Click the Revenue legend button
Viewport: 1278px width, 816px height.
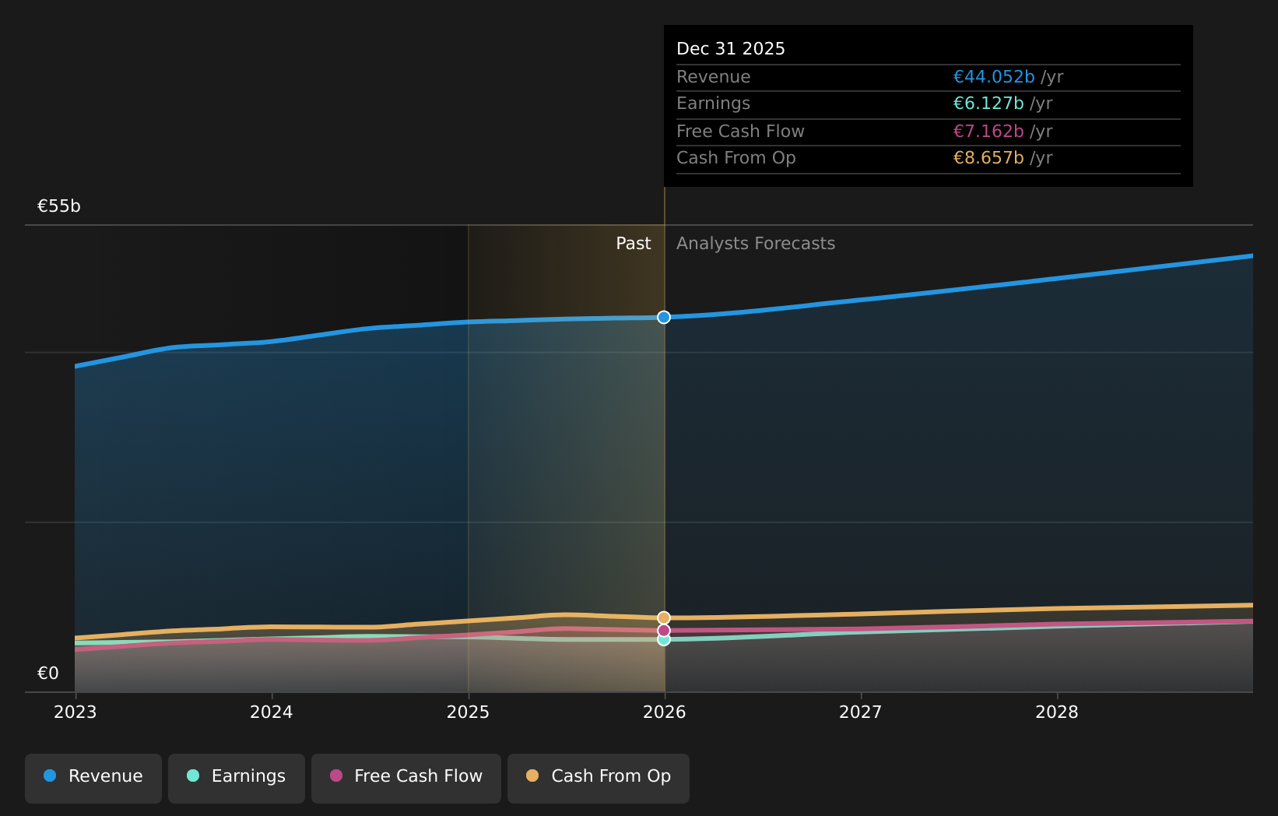[x=93, y=776]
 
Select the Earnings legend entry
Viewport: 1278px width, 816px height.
[x=237, y=776]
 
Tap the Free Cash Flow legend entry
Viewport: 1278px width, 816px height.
[x=406, y=776]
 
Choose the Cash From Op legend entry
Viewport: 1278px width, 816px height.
[x=599, y=776]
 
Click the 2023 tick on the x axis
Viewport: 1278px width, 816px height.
[x=75, y=712]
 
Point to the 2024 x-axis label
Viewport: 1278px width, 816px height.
[x=272, y=712]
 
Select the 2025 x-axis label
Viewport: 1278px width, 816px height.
[x=468, y=712]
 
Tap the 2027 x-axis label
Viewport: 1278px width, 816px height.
[x=861, y=712]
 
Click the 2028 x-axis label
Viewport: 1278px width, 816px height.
[x=1057, y=712]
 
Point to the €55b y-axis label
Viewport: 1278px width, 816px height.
[x=59, y=206]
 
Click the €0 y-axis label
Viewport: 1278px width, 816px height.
[x=48, y=674]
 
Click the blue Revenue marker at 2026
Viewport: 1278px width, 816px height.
[x=664, y=317]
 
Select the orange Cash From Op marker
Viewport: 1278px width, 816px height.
[x=664, y=617]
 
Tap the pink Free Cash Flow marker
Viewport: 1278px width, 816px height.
[x=664, y=630]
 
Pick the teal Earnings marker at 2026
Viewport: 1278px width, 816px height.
[x=664, y=640]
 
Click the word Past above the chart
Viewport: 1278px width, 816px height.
[x=633, y=244]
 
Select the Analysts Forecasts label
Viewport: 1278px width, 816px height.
[x=755, y=244]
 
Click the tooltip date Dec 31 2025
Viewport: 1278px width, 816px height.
[x=730, y=49]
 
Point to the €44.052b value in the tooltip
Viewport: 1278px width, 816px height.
[x=993, y=77]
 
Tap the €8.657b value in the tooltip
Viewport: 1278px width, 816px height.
[x=988, y=158]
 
